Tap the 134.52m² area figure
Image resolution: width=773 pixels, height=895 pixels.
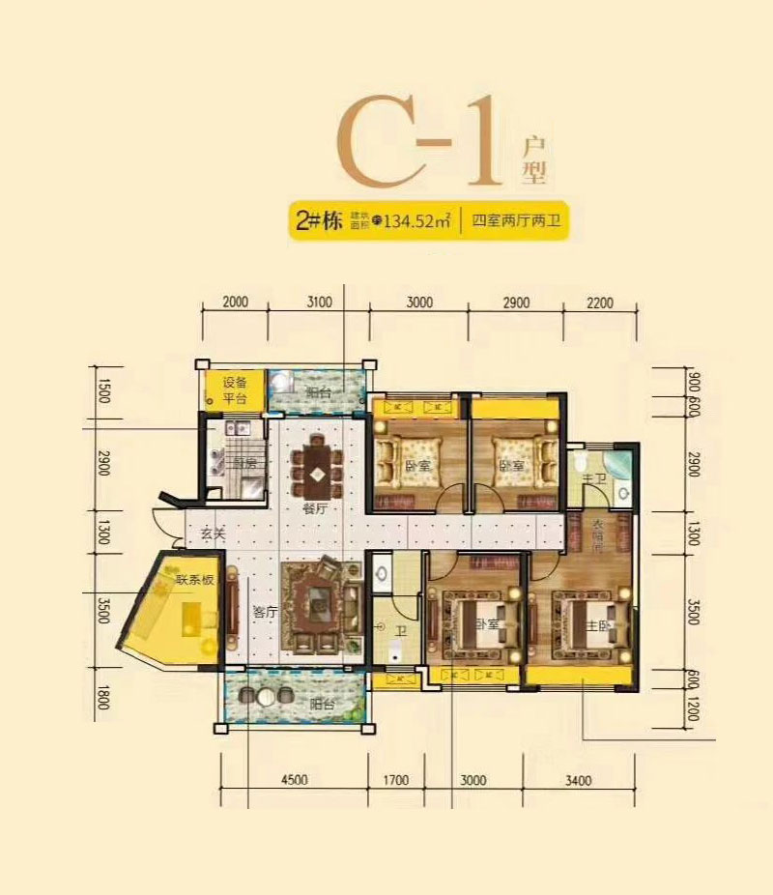point(419,221)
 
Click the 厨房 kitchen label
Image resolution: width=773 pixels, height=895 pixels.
point(244,463)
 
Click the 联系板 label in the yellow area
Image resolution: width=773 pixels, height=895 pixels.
point(194,580)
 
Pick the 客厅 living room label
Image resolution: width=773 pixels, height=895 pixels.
point(265,611)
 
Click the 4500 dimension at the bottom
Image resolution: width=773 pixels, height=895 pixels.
point(294,779)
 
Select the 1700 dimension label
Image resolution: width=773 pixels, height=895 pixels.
point(396,779)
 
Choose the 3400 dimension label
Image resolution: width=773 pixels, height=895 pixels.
point(578,779)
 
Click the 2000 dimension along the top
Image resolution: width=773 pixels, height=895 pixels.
point(235,302)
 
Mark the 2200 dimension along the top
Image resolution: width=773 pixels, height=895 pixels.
point(600,302)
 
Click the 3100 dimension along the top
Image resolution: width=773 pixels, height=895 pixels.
point(319,302)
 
